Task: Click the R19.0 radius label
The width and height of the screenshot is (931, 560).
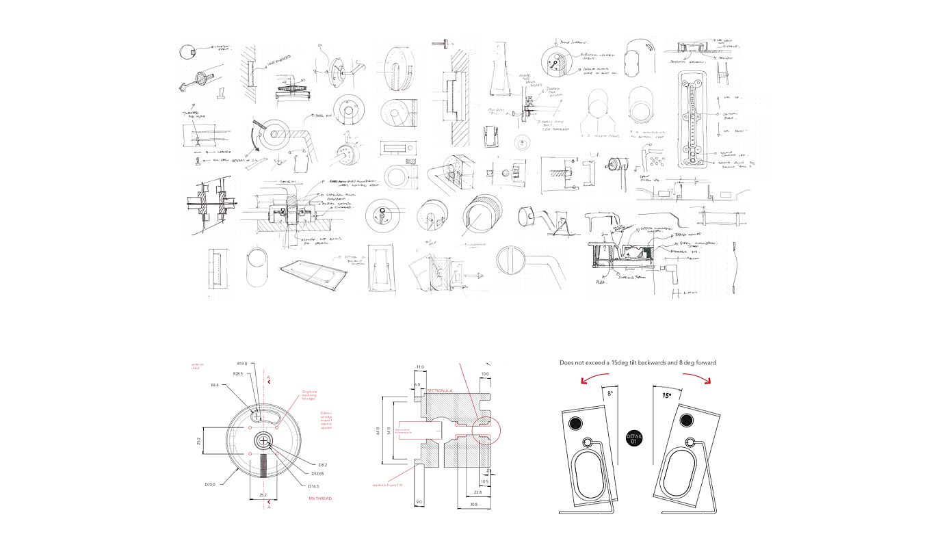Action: coord(241,363)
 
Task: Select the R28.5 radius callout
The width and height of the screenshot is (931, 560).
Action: coord(237,374)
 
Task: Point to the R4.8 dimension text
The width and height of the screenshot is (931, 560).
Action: coord(215,386)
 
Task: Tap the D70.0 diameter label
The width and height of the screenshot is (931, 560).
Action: coord(211,485)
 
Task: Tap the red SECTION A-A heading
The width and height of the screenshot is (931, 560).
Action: coord(440,390)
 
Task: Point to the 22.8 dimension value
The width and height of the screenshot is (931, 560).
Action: coord(477,492)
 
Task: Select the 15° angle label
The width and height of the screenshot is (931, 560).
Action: coord(666,395)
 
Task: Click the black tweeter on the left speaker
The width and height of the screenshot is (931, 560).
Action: coord(575,423)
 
